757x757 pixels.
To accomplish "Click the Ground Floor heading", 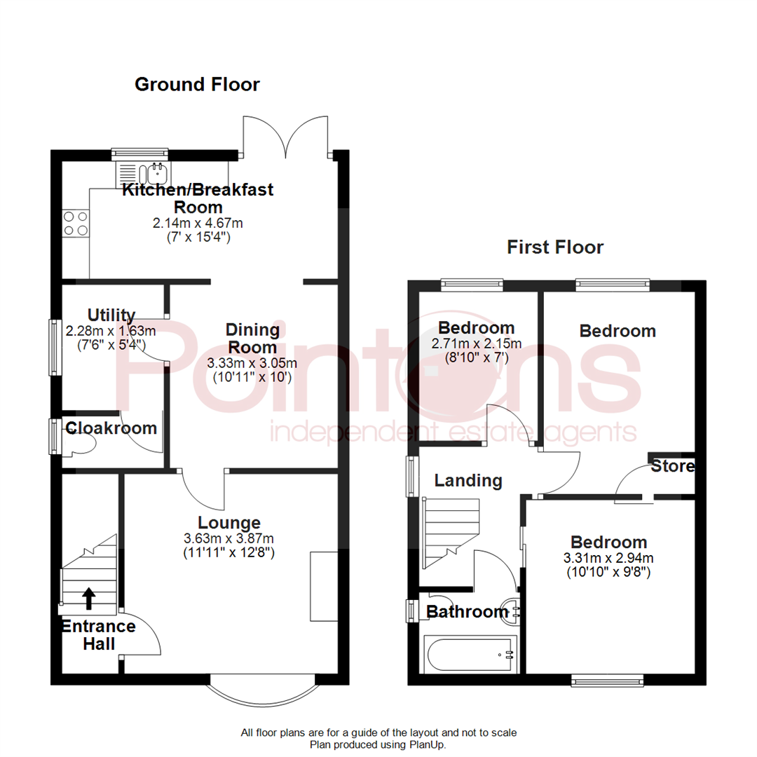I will [197, 85].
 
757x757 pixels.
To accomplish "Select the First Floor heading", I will [555, 247].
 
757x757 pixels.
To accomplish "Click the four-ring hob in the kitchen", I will [75, 223].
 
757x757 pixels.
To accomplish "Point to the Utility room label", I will [111, 315].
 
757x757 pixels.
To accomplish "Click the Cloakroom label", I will [111, 428].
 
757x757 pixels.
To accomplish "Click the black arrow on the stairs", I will [89, 598].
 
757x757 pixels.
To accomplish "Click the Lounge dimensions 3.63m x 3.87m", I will [229, 538].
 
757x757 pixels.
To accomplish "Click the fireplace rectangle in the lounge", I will [323, 580].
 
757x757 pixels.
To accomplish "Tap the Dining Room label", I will [252, 338].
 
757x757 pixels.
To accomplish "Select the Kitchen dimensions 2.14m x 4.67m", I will [198, 224].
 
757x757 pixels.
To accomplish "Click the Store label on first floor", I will [672, 466].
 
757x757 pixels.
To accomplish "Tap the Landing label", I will [468, 481].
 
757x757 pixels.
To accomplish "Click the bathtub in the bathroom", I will [470, 655].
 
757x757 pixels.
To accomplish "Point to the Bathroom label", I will [467, 612].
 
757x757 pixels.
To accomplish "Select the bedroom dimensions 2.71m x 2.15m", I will [477, 343].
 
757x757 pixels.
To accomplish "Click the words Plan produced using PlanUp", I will [378, 745].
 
